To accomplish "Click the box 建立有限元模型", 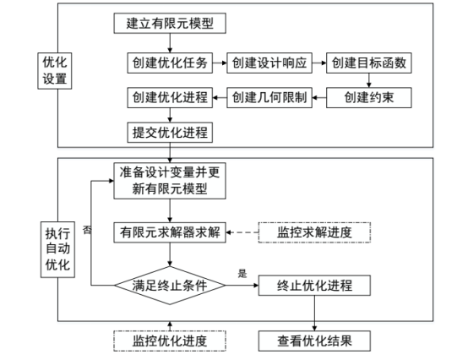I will [x=170, y=24].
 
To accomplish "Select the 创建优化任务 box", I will [x=170, y=63].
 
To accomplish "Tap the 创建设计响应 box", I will [x=268, y=63].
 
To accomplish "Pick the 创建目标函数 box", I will [x=368, y=63].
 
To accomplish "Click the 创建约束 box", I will [x=368, y=98].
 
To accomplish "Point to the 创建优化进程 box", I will [x=170, y=98].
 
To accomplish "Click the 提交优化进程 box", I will [x=170, y=133].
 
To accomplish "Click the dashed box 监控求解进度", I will [x=314, y=232].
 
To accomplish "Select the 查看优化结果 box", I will [x=314, y=341].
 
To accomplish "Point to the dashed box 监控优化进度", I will [x=171, y=341].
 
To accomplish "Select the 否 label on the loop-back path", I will [x=87, y=230].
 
